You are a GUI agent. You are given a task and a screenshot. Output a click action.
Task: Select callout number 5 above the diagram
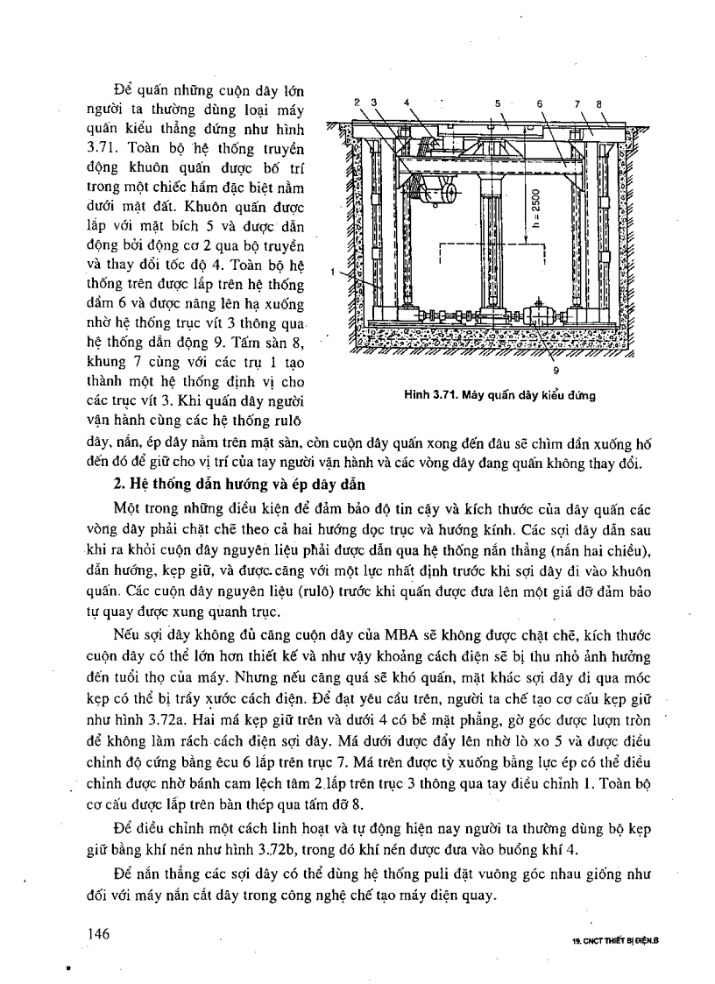tap(497, 103)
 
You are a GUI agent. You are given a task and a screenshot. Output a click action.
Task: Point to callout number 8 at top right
tap(599, 103)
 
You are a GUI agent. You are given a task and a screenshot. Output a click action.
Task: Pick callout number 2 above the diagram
tap(357, 103)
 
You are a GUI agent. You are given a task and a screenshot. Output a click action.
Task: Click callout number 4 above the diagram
tap(407, 103)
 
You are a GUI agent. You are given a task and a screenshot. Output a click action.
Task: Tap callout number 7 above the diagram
tap(577, 103)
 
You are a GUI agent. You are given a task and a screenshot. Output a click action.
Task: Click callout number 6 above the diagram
tap(540, 103)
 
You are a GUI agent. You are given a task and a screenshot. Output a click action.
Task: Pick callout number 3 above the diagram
tap(374, 103)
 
